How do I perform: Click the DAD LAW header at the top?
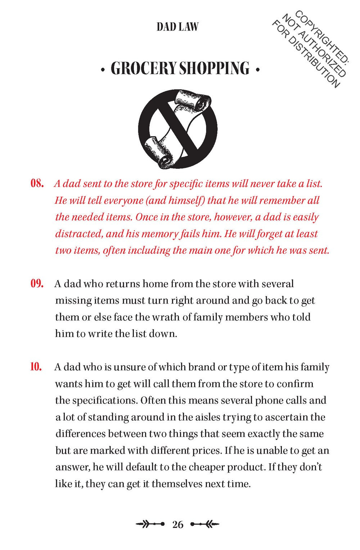(x=177, y=27)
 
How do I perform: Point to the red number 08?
(x=37, y=184)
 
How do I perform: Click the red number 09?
(x=37, y=284)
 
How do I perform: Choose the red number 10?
(x=36, y=367)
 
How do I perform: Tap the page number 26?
(x=178, y=524)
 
